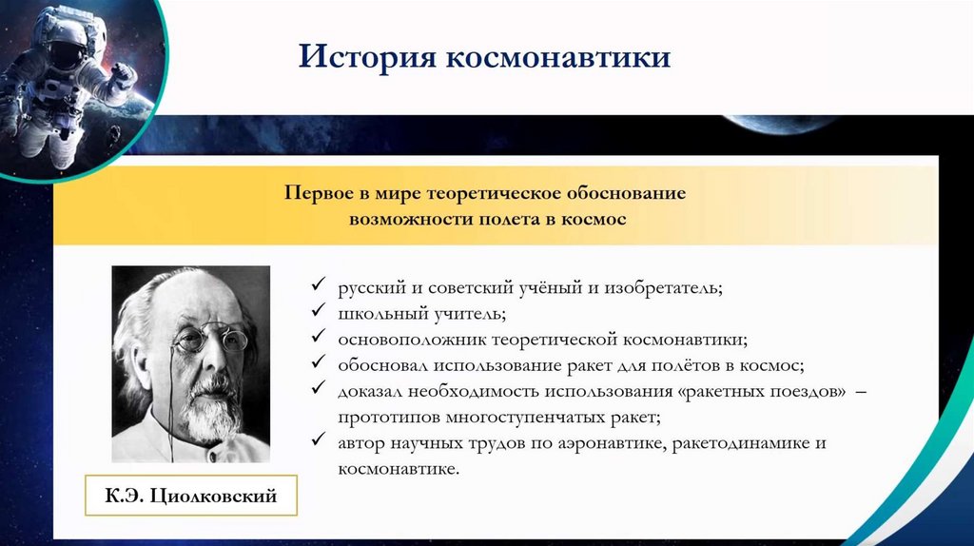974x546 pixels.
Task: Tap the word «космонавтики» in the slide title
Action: coord(558,58)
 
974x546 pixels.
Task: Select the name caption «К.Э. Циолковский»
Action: coord(190,496)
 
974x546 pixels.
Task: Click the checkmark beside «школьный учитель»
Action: coord(319,309)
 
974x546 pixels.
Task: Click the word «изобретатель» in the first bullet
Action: coord(663,288)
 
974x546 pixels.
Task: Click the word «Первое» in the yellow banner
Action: coord(320,193)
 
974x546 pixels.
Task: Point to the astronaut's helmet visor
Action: coord(68,52)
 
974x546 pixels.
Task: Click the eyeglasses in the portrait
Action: coord(210,339)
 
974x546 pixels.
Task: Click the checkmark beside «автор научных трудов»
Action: coord(319,439)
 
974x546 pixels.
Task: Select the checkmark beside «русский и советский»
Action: coord(319,283)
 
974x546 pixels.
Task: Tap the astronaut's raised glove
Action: coord(124,77)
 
